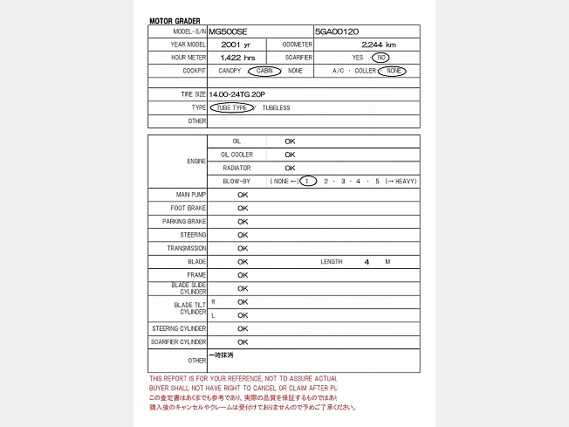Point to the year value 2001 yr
coord(236,44)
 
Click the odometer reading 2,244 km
coord(378,44)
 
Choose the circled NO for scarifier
coord(380,57)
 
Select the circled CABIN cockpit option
coord(264,70)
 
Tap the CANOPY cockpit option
coord(230,70)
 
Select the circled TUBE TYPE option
coord(232,107)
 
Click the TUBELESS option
coord(276,107)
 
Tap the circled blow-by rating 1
coord(308,181)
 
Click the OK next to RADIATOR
coord(290,168)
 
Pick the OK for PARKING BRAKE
coord(243,222)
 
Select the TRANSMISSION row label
coord(187,248)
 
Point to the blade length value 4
coord(367,262)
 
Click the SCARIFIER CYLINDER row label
coord(179,342)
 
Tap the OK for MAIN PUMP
coord(243,195)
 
